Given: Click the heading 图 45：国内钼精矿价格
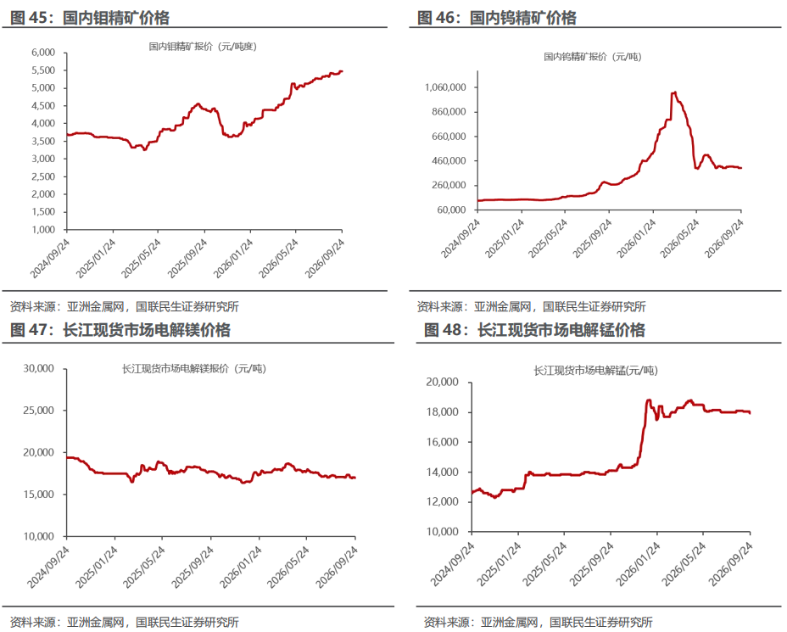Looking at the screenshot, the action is point(90,18).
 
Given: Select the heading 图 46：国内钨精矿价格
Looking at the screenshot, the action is point(497,18).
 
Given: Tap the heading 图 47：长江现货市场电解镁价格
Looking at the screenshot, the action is point(120,330).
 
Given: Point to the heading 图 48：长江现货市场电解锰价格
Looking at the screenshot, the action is point(534,330).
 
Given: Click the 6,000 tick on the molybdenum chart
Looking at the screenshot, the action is point(43,53).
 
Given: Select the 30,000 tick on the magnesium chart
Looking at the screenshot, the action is point(39,368).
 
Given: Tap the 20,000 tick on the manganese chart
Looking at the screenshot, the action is point(442,382).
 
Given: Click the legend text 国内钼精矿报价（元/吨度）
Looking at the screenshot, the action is point(203,47).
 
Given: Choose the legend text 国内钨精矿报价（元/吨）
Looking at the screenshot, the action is point(593,57).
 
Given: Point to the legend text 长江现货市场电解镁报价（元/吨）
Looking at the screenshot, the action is point(194,369).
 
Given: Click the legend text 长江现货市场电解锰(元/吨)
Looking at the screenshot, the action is point(596,371).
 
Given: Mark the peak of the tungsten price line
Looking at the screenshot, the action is point(675,92).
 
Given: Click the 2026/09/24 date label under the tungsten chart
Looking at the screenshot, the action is point(724,238).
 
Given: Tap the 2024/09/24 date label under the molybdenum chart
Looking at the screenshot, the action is point(50,258).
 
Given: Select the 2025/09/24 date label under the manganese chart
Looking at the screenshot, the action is point(592,564).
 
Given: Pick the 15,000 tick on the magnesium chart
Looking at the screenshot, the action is point(39,495).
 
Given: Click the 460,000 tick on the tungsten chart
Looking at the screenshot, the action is point(449,160).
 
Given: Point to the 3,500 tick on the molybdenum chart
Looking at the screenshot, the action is point(43,141).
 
